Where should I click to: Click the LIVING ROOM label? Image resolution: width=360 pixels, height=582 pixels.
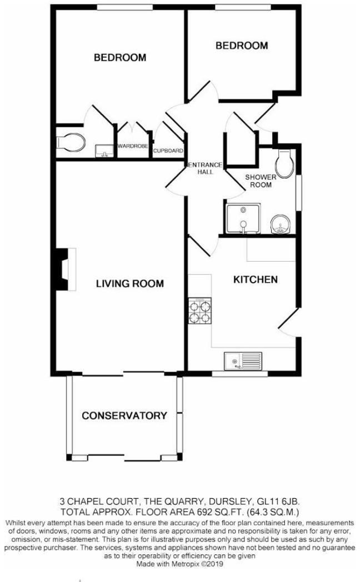130,284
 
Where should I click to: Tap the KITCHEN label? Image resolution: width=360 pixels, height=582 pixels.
255,279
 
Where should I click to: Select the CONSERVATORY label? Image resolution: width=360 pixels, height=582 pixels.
124,415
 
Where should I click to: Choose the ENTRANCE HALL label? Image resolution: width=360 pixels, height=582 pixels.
205,168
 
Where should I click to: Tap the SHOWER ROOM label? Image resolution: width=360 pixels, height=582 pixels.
259,180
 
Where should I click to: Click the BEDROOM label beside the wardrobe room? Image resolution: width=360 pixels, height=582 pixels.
119,57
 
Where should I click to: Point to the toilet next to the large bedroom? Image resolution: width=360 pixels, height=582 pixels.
71,142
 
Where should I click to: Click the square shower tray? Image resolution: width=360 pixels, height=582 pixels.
243,218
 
